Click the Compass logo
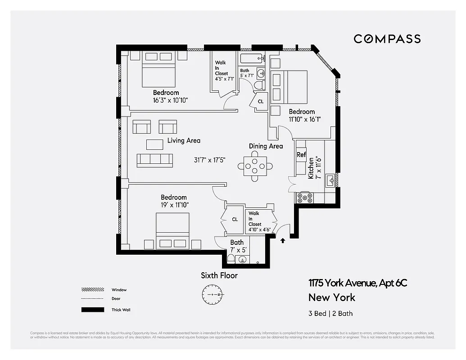[x=387, y=39]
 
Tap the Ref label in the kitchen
[x=301, y=155]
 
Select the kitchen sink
[x=331, y=180]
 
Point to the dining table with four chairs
[x=255, y=166]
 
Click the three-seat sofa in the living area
[x=154, y=160]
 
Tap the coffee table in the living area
[x=154, y=144]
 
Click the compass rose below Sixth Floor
[x=212, y=295]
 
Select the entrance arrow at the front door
[x=283, y=241]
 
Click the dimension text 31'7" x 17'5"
[x=209, y=160]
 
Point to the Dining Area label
[x=266, y=146]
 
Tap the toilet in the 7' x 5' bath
[x=231, y=259]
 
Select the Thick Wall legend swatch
[x=92, y=310]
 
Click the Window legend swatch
[x=92, y=290]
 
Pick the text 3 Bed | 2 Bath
[x=330, y=314]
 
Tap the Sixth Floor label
[x=219, y=275]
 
